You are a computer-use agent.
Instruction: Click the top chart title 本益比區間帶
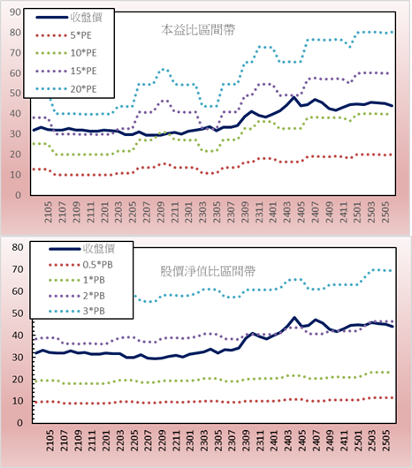(198, 30)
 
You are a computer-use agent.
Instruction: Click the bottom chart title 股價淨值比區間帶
(208, 271)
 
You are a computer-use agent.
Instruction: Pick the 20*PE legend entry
(66, 89)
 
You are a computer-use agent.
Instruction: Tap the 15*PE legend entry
(66, 71)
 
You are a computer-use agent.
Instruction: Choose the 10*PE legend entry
(66, 53)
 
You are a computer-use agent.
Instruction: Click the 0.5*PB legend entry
(80, 265)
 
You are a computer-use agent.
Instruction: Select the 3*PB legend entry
(77, 311)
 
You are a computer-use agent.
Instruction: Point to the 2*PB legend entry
(77, 296)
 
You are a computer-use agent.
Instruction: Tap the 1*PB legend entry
(77, 280)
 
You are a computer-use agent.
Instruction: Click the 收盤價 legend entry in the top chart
(69, 18)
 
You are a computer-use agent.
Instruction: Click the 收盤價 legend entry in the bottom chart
(82, 249)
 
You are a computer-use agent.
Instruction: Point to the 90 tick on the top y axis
(15, 12)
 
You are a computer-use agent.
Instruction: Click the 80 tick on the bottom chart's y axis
(18, 247)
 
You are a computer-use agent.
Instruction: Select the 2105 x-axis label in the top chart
(48, 212)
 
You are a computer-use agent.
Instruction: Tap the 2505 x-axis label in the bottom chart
(386, 441)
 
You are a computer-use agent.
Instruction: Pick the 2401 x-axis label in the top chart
(273, 212)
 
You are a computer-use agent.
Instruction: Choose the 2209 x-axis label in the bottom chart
(162, 441)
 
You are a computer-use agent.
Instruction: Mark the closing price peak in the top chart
(294, 97)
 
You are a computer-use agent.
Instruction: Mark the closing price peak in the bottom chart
(294, 318)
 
